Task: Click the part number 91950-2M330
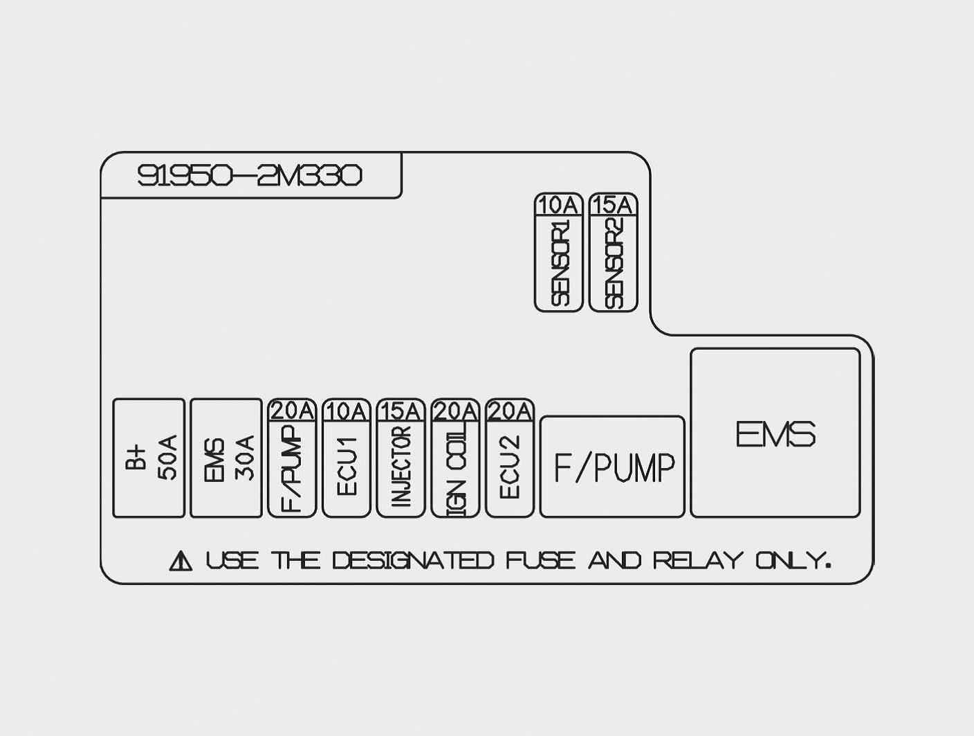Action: click(x=249, y=176)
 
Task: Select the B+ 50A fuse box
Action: click(x=149, y=458)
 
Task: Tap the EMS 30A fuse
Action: click(x=226, y=458)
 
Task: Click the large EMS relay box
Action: click(x=775, y=433)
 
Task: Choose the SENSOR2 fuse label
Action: click(x=614, y=262)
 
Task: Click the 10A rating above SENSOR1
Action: click(x=558, y=205)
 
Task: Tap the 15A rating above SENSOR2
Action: click(x=613, y=205)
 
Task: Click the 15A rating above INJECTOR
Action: click(x=401, y=411)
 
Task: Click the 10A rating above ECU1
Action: click(x=346, y=411)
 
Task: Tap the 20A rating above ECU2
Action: click(x=510, y=411)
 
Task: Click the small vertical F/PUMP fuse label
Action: click(x=292, y=468)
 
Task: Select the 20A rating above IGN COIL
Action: click(x=455, y=411)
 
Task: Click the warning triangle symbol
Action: click(x=181, y=560)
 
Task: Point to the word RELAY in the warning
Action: click(x=698, y=560)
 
